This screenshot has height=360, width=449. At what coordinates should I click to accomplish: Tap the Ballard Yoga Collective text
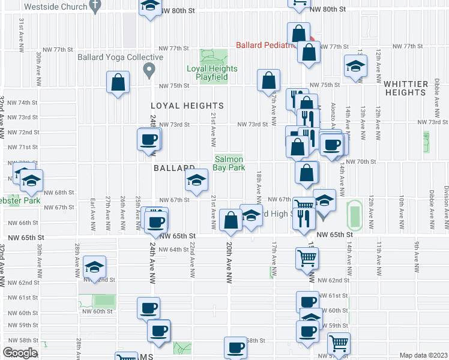coord(120,58)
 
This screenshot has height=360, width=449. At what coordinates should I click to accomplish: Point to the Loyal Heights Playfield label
coord(212,73)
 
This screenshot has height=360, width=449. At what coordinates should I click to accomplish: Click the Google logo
coord(20,353)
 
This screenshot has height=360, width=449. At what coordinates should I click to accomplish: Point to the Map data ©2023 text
coord(423,355)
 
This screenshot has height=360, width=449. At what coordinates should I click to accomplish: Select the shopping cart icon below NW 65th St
coord(307,258)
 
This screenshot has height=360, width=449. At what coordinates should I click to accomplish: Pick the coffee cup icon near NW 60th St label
coord(148,308)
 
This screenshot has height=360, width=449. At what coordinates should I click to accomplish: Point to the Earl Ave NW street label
coord(93,212)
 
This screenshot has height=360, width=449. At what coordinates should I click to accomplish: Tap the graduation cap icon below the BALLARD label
coord(196,180)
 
